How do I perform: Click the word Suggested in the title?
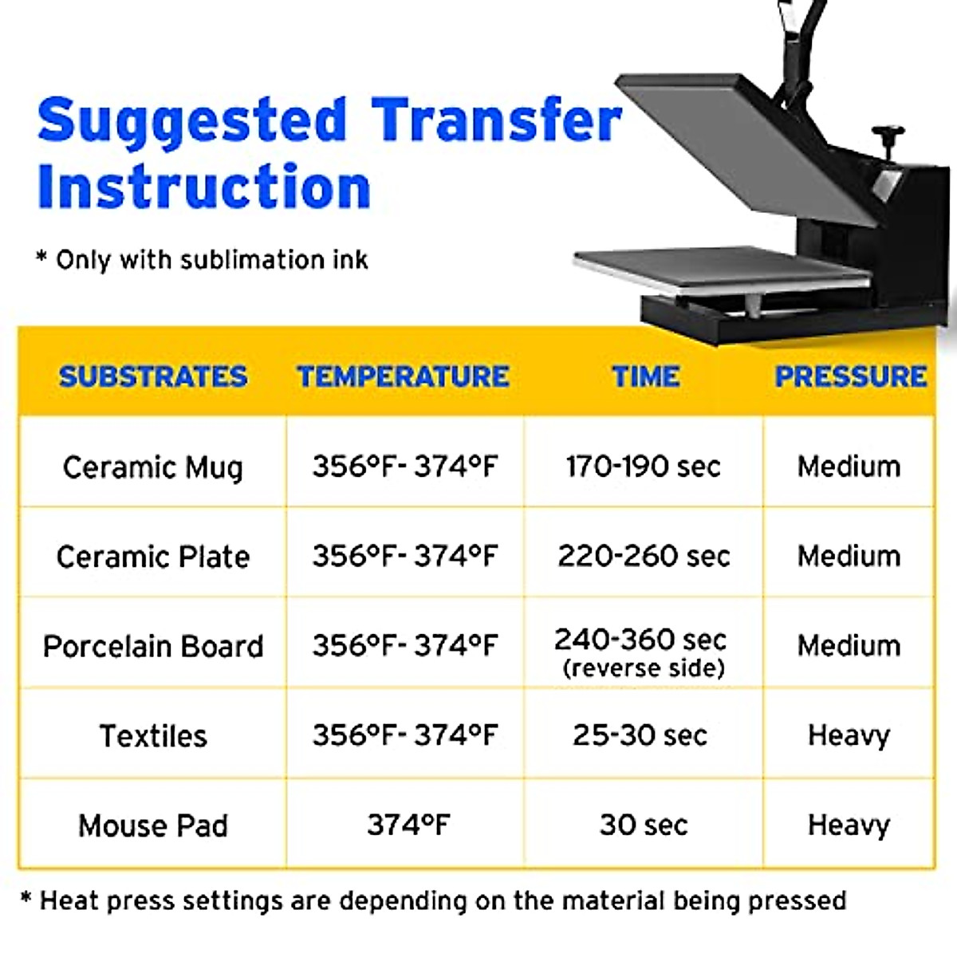point(192,121)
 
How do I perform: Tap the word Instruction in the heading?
point(204,187)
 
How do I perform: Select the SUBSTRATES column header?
point(153,376)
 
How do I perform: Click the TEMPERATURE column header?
point(404,376)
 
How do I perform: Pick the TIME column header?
point(646,376)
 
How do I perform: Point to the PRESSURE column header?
point(851,376)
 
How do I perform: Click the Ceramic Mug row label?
point(153,467)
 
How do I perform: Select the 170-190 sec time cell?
point(644,466)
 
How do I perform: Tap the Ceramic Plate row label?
point(153,557)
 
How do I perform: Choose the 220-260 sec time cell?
point(644,556)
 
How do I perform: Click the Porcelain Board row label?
point(153,646)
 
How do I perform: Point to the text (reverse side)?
point(644,668)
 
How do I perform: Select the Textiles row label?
point(153,735)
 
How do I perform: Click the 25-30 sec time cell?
point(640,735)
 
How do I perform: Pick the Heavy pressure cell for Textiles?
point(849,735)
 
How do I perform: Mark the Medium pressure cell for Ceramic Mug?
point(849,467)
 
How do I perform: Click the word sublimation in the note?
point(240,260)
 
